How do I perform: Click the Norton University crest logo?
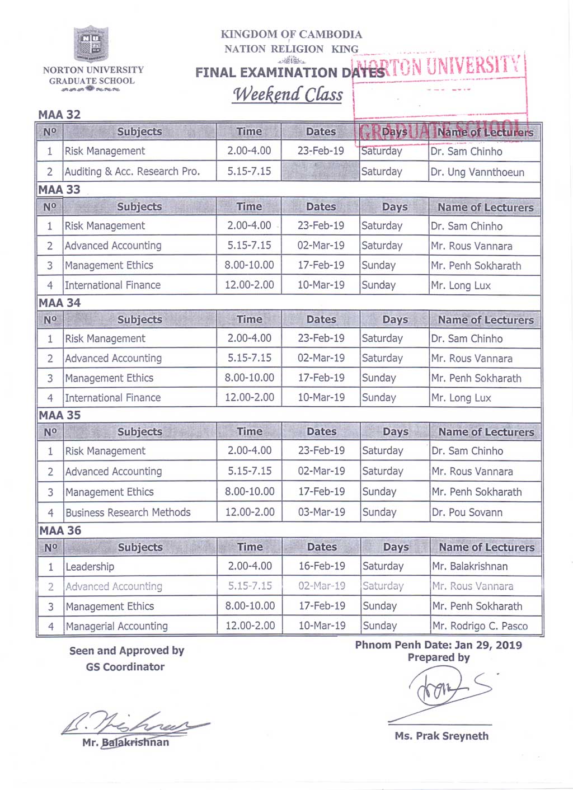pyautogui.click(x=91, y=44)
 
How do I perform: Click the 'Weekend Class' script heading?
pyautogui.click(x=288, y=94)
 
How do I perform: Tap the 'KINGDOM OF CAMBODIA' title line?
pyautogui.click(x=291, y=34)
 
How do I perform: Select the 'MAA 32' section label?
pyautogui.click(x=59, y=115)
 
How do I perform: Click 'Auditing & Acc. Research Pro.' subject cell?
pyautogui.click(x=132, y=172)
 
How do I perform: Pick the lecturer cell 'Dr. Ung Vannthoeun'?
pyautogui.click(x=477, y=172)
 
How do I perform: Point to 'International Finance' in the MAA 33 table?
pyautogui.click(x=112, y=285)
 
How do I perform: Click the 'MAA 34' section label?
pyautogui.click(x=59, y=303)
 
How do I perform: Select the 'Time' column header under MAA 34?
pyautogui.click(x=250, y=319)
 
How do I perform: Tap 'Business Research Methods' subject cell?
pyautogui.click(x=128, y=512)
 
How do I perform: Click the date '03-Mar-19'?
pyautogui.click(x=322, y=512)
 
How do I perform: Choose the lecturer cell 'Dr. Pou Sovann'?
pyautogui.click(x=467, y=512)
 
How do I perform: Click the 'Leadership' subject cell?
pyautogui.click(x=90, y=567)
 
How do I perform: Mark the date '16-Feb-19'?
pyautogui.click(x=322, y=566)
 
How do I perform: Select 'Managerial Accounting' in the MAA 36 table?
pyautogui.click(x=117, y=627)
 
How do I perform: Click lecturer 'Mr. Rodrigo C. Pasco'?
pyautogui.click(x=480, y=627)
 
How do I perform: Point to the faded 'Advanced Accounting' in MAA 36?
pyautogui.click(x=114, y=587)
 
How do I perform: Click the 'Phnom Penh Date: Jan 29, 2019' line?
pyautogui.click(x=438, y=645)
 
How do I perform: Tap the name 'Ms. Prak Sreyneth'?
pyautogui.click(x=442, y=736)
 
